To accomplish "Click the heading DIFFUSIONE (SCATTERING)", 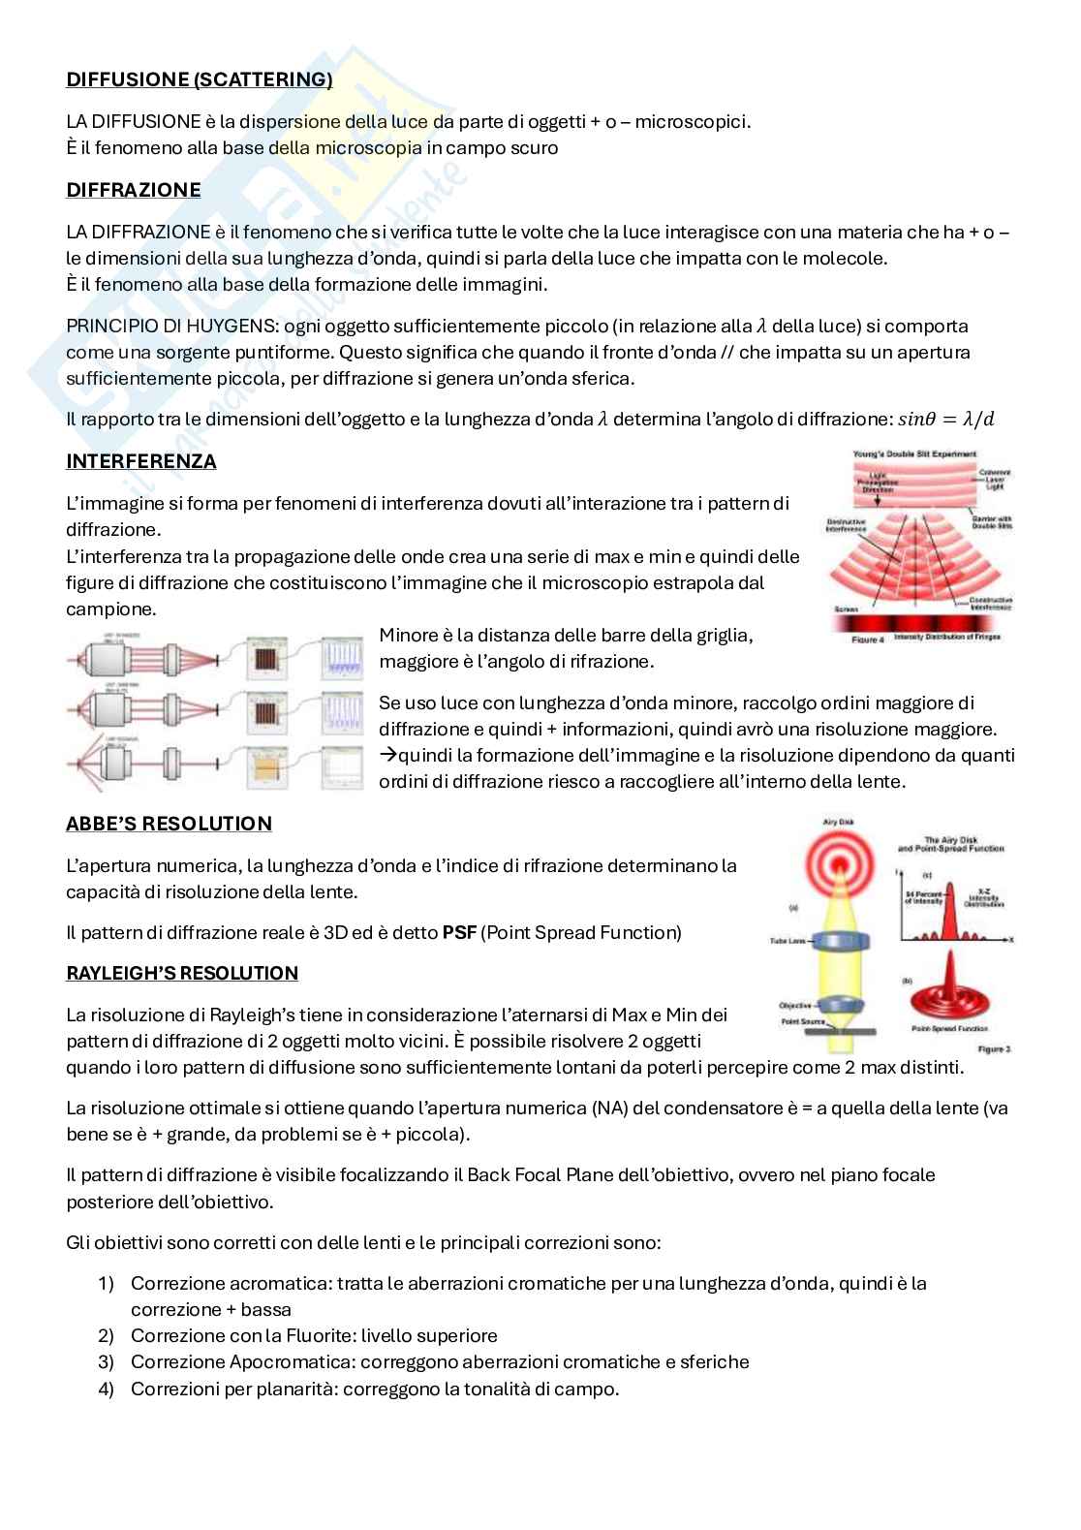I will click(199, 79).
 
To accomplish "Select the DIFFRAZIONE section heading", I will click(134, 190).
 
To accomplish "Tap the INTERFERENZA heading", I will click(141, 461).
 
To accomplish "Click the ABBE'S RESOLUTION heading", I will click(169, 824).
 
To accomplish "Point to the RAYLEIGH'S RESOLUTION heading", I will click(182, 973).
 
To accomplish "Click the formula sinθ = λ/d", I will click(946, 420).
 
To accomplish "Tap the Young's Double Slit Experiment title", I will click(913, 453).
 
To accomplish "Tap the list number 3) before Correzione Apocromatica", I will click(107, 1361).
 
